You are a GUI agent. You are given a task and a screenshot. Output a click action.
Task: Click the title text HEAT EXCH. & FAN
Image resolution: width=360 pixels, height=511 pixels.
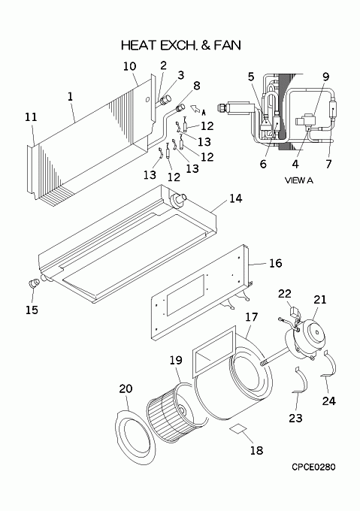point(181,45)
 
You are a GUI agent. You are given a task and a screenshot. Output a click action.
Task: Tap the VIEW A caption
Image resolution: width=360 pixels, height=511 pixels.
point(299,180)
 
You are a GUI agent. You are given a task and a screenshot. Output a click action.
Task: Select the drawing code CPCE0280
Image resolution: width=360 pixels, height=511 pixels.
point(313,467)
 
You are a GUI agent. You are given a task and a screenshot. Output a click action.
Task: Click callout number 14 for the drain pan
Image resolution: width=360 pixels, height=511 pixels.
point(236,198)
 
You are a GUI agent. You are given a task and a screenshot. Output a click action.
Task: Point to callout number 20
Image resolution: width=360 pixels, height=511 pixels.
point(126,389)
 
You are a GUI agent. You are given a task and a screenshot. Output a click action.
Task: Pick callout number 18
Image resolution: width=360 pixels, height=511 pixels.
point(256,450)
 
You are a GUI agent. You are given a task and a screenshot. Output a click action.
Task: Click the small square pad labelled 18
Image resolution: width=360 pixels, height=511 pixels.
point(238,428)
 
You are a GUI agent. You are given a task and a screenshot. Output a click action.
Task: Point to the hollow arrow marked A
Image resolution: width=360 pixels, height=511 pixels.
point(195,108)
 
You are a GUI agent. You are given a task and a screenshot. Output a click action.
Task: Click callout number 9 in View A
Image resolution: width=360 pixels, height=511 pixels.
point(325,77)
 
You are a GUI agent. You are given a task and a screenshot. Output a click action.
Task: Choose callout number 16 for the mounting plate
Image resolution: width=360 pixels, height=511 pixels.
point(275,263)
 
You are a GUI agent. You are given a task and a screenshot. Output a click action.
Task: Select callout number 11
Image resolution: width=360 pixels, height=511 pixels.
point(31,117)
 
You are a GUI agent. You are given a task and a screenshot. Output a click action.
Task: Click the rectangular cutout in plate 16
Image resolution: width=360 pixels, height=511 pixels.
point(186,295)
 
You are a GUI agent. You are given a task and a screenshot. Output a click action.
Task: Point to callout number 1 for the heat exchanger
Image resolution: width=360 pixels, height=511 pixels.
point(71,96)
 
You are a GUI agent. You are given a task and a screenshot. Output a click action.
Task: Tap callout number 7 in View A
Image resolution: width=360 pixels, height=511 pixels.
point(328,164)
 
